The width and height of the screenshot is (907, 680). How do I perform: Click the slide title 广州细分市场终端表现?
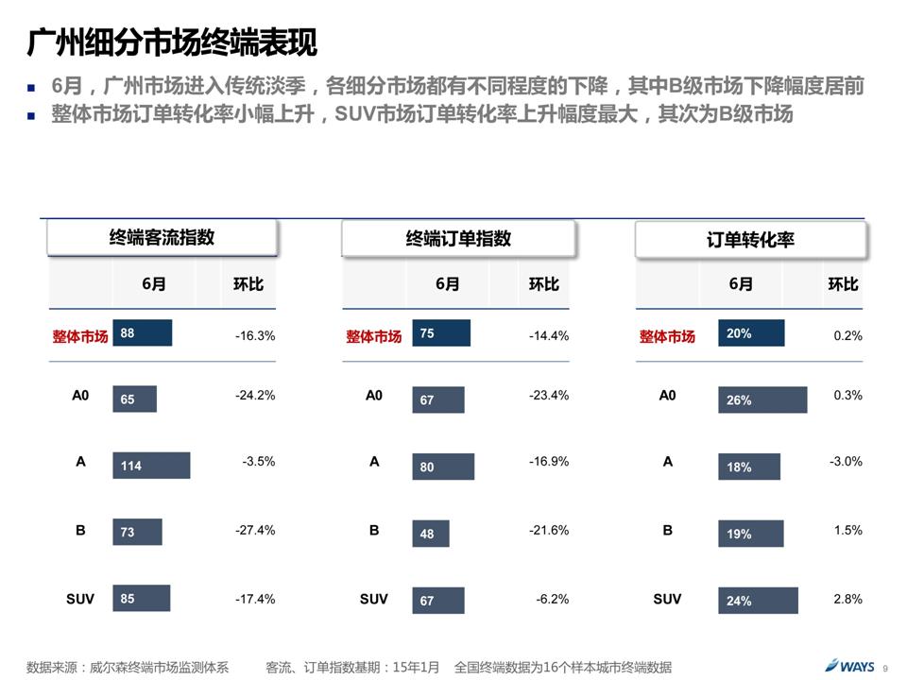point(172,43)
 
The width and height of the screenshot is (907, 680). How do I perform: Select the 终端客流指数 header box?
point(163,238)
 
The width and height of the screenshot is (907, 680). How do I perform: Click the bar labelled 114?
point(151,466)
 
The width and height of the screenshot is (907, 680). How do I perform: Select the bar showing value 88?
point(142,333)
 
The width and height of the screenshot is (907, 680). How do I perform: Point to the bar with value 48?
point(431,534)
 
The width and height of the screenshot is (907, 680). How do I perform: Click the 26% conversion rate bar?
point(762,400)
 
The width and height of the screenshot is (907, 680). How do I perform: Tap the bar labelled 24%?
point(758,601)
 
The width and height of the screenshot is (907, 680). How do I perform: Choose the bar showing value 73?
point(137,533)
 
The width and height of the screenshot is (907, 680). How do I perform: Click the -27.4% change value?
point(255,531)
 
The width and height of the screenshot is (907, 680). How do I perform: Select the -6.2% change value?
point(552,599)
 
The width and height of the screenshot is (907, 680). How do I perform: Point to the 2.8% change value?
point(847,599)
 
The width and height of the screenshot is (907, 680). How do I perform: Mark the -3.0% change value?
point(846,462)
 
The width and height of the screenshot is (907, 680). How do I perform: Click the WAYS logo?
point(849,666)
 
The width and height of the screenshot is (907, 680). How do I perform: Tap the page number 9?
point(885,668)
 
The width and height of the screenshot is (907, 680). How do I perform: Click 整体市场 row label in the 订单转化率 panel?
point(667,336)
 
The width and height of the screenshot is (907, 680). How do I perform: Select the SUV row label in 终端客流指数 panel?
point(80,599)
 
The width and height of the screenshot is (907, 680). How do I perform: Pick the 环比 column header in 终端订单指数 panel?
point(543,284)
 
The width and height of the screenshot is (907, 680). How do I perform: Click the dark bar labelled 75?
point(440,333)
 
